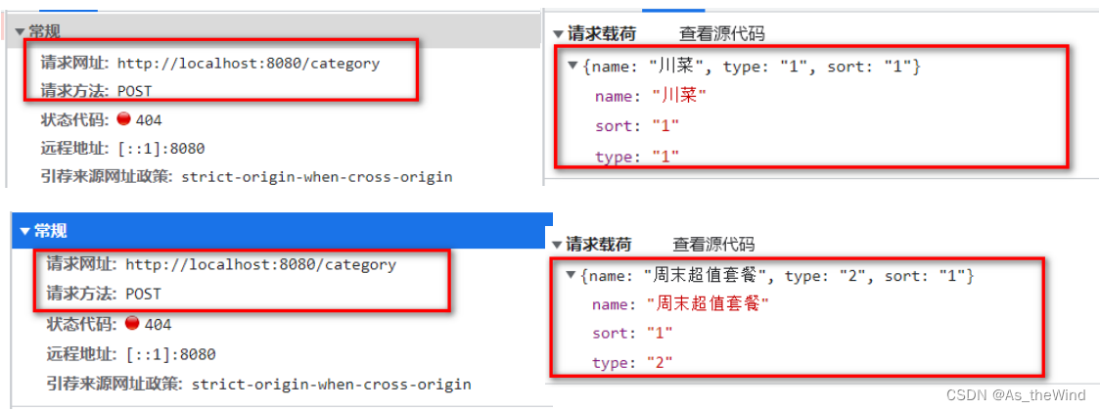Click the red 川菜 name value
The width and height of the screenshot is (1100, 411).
coord(679,96)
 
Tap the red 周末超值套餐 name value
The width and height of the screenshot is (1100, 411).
coord(709,304)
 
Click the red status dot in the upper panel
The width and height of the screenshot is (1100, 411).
coord(123,119)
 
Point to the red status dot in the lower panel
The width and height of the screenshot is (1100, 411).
coord(131,324)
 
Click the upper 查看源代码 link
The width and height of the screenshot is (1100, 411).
coord(721,34)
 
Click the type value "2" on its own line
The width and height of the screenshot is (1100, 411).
coord(659,364)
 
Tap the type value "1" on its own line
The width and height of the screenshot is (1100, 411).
coord(665,157)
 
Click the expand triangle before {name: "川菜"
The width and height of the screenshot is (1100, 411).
coord(573,66)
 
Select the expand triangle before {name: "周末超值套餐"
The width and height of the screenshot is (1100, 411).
coord(571,276)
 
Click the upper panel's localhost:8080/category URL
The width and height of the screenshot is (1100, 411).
coord(248,64)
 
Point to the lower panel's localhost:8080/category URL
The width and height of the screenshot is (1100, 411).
coord(260,264)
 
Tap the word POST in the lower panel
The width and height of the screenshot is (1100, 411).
coord(143,294)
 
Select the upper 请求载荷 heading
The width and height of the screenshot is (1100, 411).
coord(601,34)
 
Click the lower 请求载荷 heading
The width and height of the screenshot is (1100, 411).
coord(597,245)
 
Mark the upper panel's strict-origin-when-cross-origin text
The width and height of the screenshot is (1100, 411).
coord(316,177)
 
